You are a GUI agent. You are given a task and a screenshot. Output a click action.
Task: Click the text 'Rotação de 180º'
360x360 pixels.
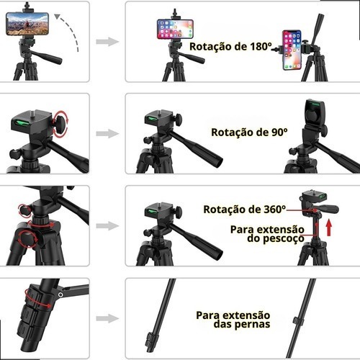[x=230, y=47]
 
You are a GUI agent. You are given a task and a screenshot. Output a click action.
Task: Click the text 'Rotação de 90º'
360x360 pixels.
[x=249, y=132]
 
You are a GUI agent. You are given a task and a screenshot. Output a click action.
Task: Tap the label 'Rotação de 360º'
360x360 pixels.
[x=245, y=210]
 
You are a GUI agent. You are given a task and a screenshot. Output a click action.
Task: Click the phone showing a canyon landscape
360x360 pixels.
[x=27, y=24]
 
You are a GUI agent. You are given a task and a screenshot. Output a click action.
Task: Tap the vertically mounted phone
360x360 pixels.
[x=292, y=50]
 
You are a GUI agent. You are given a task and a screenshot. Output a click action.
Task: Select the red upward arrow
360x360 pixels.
[x=329, y=228]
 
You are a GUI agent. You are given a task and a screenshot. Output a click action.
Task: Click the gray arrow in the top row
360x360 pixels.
[x=107, y=42]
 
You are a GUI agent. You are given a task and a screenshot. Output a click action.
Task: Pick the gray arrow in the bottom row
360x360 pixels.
[x=107, y=318]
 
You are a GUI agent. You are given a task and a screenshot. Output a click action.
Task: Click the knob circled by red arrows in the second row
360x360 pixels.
[x=60, y=124]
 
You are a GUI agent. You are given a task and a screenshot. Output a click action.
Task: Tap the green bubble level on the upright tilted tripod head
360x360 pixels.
[x=315, y=104]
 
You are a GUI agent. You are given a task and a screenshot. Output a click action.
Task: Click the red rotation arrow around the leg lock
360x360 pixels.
[x=38, y=299]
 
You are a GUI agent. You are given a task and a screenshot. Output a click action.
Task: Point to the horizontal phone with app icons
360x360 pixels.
[x=175, y=29]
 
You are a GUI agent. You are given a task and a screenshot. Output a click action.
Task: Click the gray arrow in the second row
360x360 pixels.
[x=107, y=134]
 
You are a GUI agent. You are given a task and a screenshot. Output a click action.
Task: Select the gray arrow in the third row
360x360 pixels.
[x=107, y=225]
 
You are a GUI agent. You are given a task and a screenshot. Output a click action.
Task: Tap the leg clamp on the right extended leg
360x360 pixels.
[x=298, y=320]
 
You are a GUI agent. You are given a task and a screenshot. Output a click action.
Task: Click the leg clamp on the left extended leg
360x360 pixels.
[x=150, y=339]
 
